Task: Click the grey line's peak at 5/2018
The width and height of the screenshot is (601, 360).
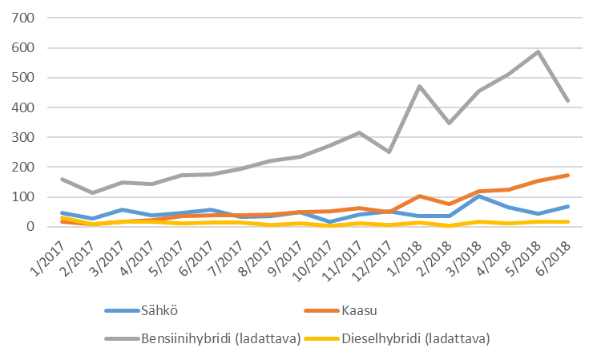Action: tap(538, 52)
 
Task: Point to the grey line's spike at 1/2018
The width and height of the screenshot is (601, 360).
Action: tap(420, 87)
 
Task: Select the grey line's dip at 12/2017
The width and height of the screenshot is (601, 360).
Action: tap(390, 152)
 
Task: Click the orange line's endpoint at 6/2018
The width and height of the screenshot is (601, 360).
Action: tap(568, 175)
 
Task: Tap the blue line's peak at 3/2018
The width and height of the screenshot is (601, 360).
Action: tap(479, 196)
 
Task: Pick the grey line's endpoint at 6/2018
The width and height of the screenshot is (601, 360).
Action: tap(568, 101)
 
